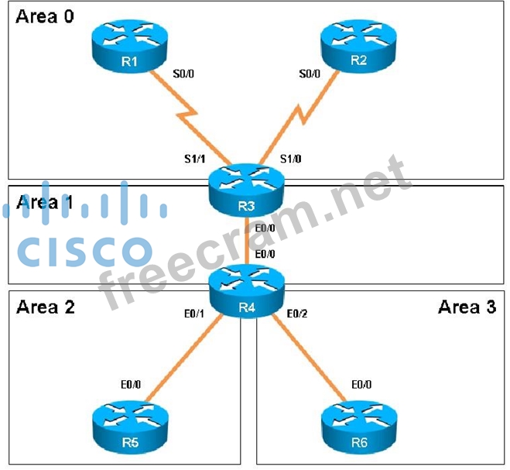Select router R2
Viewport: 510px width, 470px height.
358,48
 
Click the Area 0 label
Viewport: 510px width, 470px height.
46,16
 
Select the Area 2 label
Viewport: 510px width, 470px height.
46,307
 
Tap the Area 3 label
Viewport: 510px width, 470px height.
467,307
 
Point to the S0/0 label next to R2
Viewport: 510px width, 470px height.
310,75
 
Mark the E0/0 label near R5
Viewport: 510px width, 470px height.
131,383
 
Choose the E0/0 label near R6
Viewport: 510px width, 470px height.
363,383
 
